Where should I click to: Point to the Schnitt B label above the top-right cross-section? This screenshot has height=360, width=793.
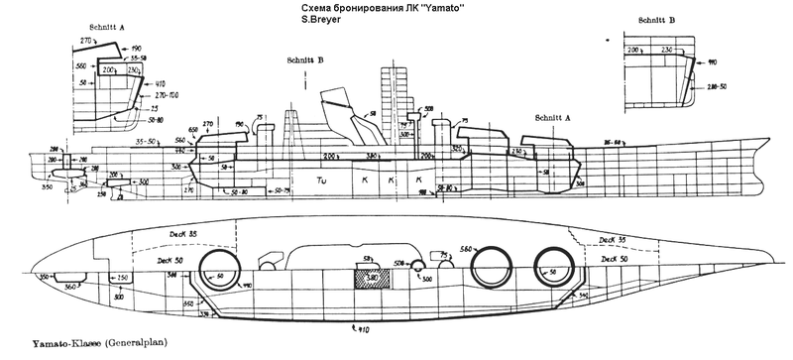click(658, 19)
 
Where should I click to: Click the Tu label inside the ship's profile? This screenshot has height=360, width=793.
click(322, 180)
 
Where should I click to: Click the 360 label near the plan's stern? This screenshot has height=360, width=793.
click(69, 285)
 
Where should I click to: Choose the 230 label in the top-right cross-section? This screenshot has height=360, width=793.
click(668, 50)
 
